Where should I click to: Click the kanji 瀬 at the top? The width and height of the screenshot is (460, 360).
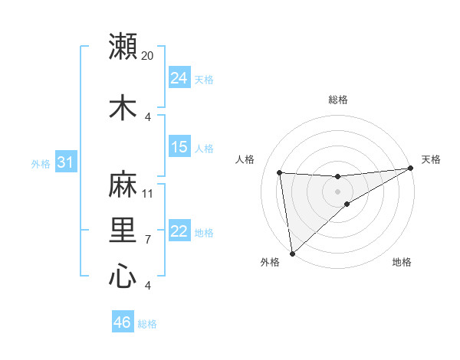pos(123,47)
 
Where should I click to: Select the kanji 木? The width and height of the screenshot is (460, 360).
pos(123,106)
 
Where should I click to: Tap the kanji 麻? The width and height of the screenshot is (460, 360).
pos(123,185)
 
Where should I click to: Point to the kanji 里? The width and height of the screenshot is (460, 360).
pos(123,230)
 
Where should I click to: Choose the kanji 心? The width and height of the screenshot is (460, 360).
pos(123,275)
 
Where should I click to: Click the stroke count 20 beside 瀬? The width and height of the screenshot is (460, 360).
pos(148,56)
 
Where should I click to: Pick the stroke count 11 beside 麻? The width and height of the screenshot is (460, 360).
pos(148,193)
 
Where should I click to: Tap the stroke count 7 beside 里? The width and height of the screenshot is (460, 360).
pos(148,239)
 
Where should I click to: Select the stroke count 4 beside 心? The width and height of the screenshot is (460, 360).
pos(148,285)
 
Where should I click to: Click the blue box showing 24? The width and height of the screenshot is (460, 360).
pos(179,78)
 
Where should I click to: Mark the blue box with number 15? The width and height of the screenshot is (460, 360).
pos(179,147)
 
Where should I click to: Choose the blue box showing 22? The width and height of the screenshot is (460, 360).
pos(179,231)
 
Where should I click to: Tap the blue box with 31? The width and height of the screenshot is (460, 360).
pos(65,162)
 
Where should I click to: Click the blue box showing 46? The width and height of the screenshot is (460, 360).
pos(123,322)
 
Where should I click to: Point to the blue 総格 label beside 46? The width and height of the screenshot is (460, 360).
pos(147,324)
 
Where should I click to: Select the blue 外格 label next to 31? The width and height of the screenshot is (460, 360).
pos(41,164)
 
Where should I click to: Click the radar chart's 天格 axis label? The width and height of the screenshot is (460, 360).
pos(431,159)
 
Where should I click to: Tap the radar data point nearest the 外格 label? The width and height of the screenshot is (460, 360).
pos(292,253)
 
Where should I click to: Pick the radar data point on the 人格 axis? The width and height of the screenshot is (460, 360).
pos(280,172)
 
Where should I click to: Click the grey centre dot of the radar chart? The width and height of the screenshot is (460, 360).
pos(337,191)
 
